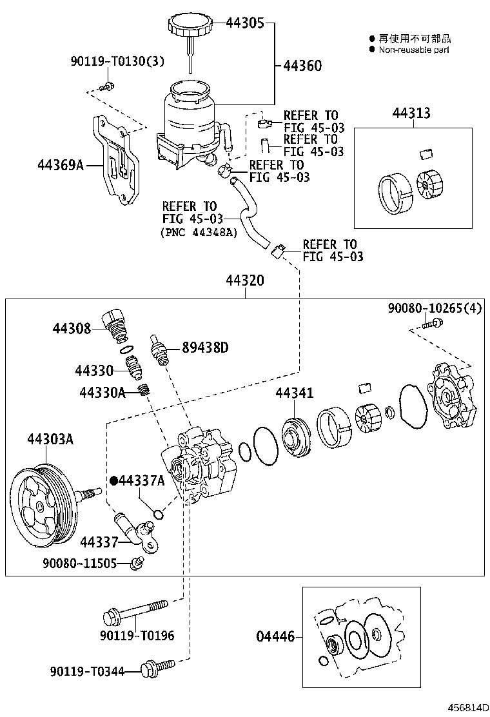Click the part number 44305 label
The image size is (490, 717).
point(244,23)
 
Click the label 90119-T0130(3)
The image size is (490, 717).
point(117,62)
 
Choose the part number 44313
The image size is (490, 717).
point(411,114)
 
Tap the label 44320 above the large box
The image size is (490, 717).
point(244,281)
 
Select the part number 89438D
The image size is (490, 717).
point(205,348)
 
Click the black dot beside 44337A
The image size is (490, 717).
point(113,480)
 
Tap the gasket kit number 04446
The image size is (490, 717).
point(275,637)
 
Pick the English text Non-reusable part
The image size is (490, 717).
point(414,50)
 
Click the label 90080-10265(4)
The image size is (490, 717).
point(435,308)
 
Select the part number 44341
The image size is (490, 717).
point(295,393)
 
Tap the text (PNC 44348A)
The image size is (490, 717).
point(198,233)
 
